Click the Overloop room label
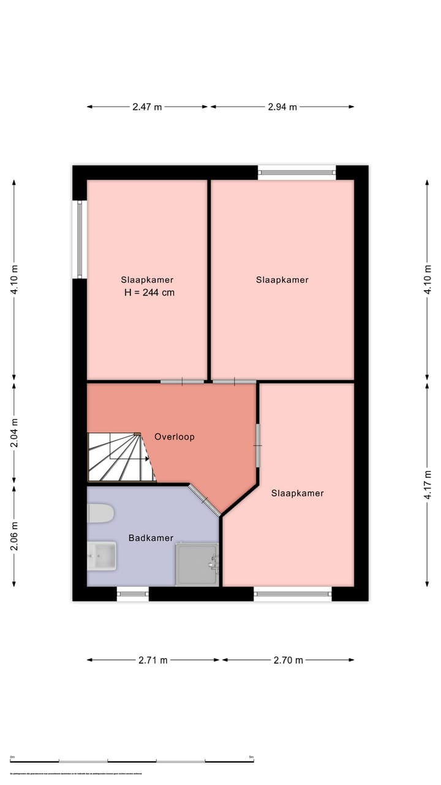click(x=175, y=437)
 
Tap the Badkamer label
click(x=151, y=538)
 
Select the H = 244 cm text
click(x=149, y=293)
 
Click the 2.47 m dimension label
click(x=147, y=107)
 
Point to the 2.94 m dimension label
click(x=282, y=107)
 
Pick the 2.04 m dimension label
click(x=14, y=433)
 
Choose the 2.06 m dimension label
click(x=14, y=535)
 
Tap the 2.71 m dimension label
click(x=153, y=661)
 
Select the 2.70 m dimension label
click(x=288, y=661)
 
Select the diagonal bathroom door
click(x=205, y=500)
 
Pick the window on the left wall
click(x=80, y=239)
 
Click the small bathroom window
click(x=132, y=594)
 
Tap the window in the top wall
click(x=297, y=173)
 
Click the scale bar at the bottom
click(x=132, y=761)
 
